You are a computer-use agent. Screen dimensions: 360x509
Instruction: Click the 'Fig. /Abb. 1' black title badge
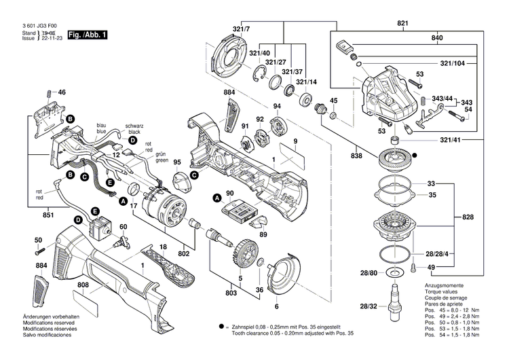click(x=87, y=34)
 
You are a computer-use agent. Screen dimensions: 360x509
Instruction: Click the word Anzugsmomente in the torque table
click(x=444, y=285)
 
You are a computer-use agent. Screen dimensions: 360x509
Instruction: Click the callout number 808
click(x=83, y=285)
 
